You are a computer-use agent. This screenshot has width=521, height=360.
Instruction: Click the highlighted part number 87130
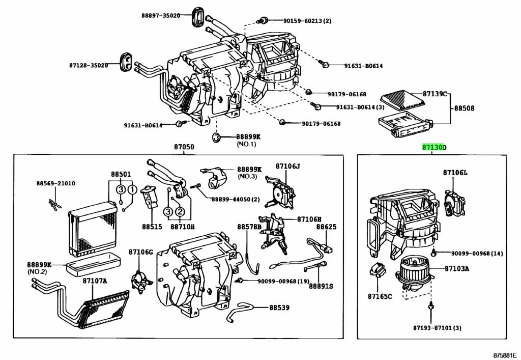[432, 148]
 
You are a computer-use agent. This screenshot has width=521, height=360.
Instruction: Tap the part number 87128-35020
[89, 65]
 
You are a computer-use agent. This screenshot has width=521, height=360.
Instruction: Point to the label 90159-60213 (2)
[307, 21]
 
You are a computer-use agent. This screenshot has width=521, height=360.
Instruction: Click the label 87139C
[435, 94]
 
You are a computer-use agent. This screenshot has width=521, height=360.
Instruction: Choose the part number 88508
[464, 108]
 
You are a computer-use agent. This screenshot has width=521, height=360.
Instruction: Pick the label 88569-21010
[55, 183]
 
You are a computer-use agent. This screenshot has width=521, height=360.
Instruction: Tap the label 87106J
[288, 166]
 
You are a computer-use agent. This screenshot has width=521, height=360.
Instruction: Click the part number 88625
[326, 227]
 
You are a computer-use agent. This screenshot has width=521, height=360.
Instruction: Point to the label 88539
[279, 308]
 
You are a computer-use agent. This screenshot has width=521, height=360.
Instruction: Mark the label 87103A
[456, 268]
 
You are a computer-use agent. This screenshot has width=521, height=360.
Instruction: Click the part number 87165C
[380, 296]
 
